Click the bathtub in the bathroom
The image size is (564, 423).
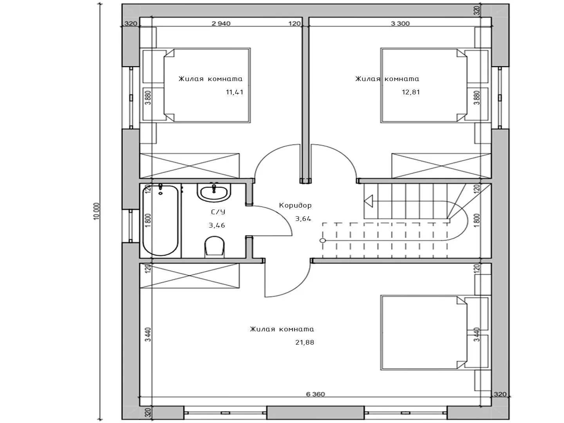(160, 221)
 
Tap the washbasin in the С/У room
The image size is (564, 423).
(214, 192)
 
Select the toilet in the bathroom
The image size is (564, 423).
(215, 247)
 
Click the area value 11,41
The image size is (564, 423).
(234, 92)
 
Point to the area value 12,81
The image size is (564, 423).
(410, 92)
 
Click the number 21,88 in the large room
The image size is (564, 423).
(305, 342)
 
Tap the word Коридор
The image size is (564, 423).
(295, 206)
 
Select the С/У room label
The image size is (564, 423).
(218, 212)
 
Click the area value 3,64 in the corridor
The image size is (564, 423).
(303, 219)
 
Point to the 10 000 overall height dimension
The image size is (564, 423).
(96, 211)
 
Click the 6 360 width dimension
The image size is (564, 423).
(316, 394)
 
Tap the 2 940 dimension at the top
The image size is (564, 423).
(221, 23)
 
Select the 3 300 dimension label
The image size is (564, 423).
(400, 23)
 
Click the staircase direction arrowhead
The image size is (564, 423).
(369, 201)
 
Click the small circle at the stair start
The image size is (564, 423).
(323, 240)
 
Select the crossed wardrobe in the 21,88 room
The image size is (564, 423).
(190, 276)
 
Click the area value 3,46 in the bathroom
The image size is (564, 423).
(217, 225)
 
